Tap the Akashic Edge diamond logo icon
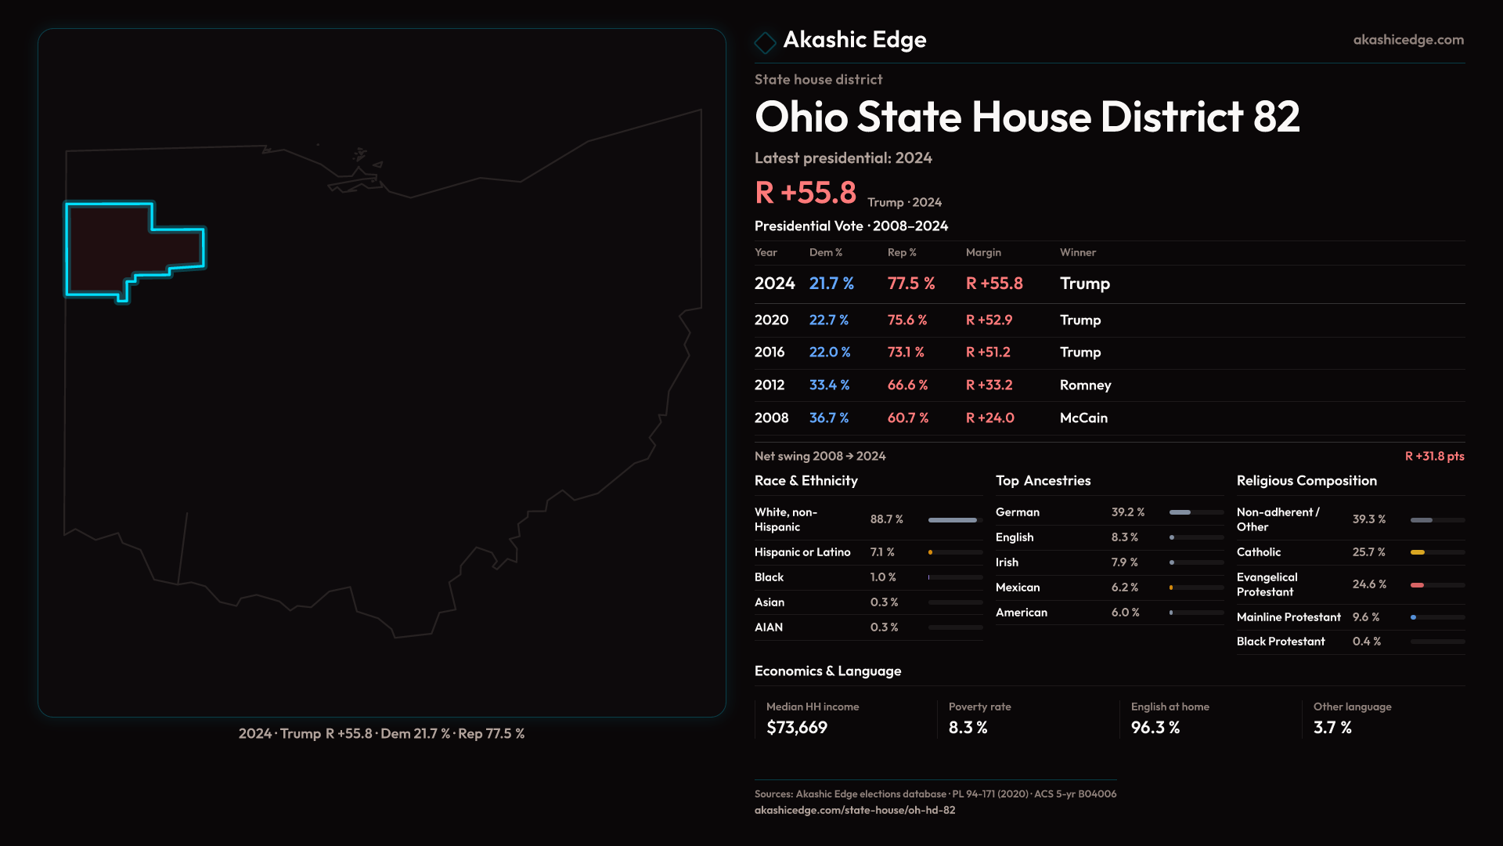pyautogui.click(x=765, y=42)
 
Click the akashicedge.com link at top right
pyautogui.click(x=1408, y=40)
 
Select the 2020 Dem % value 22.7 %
pyautogui.click(x=828, y=320)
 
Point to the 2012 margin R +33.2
pyautogui.click(x=989, y=385)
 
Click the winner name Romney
pyautogui.click(x=1085, y=385)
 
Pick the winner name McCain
pyautogui.click(x=1083, y=418)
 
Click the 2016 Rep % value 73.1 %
pyautogui.click(x=906, y=352)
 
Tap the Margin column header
pyautogui.click(x=983, y=252)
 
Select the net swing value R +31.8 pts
pyautogui.click(x=1434, y=457)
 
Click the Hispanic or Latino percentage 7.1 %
pyautogui.click(x=882, y=552)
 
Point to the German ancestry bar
pyautogui.click(x=1180, y=512)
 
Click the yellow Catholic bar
pyautogui.click(x=1418, y=552)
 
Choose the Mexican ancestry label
pyautogui.click(x=1018, y=587)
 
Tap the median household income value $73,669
pyautogui.click(x=797, y=728)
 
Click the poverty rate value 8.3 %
pyautogui.click(x=968, y=728)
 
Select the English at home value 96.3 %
pyautogui.click(x=1155, y=728)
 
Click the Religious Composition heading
pyautogui.click(x=1307, y=481)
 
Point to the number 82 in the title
pyautogui.click(x=1276, y=117)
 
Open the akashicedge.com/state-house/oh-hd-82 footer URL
pyautogui.click(x=855, y=810)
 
